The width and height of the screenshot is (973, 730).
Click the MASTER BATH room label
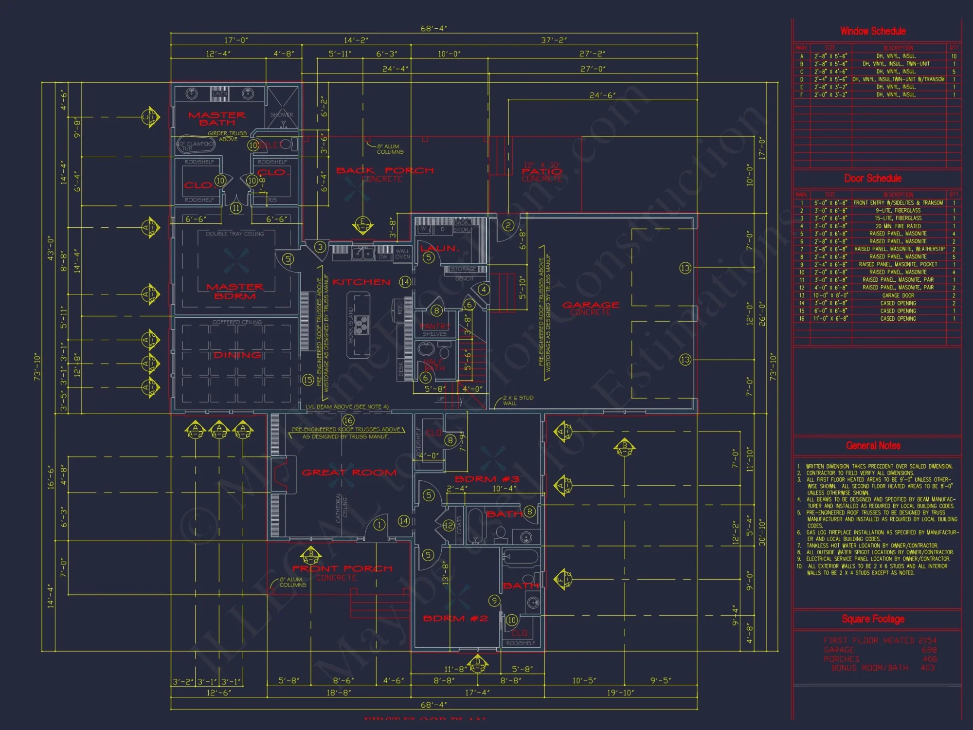217,119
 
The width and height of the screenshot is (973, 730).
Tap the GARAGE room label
591,305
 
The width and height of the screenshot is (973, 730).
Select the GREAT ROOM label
349,473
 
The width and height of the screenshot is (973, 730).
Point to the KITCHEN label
361,282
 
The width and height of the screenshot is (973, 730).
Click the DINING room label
237,355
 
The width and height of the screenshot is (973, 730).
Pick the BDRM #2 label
455,619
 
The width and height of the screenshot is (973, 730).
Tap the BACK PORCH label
385,171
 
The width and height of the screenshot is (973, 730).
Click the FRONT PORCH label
342,569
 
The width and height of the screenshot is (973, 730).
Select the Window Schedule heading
873,31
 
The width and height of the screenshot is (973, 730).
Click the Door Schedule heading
873,178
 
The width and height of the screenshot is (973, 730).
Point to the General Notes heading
873,445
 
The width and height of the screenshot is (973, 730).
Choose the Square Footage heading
873,619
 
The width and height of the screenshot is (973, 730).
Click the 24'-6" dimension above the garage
602,95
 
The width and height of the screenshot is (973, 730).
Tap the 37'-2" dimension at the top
554,40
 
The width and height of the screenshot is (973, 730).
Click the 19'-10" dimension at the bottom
620,693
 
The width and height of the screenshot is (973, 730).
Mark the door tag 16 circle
348,420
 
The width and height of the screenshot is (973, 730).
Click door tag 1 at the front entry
379,524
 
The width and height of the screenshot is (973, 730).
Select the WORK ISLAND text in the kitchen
351,326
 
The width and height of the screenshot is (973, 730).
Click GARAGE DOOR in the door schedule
898,295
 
